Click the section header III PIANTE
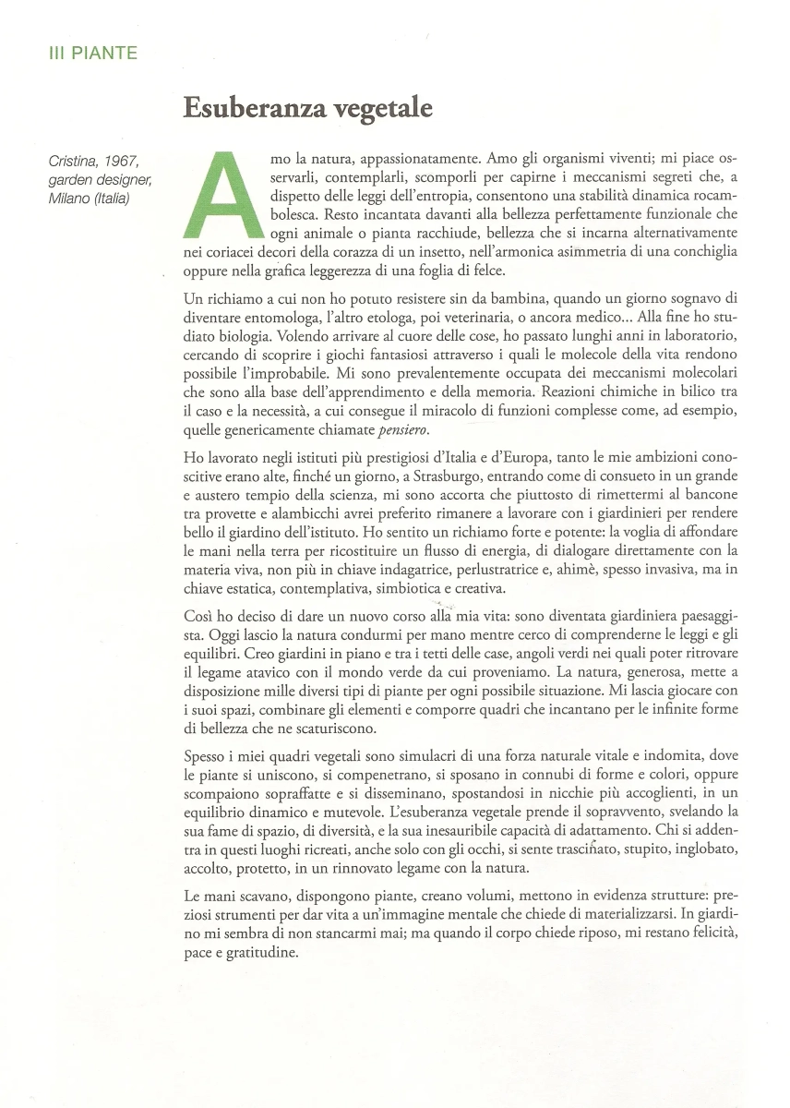[92, 54]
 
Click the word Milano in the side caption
[73, 199]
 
